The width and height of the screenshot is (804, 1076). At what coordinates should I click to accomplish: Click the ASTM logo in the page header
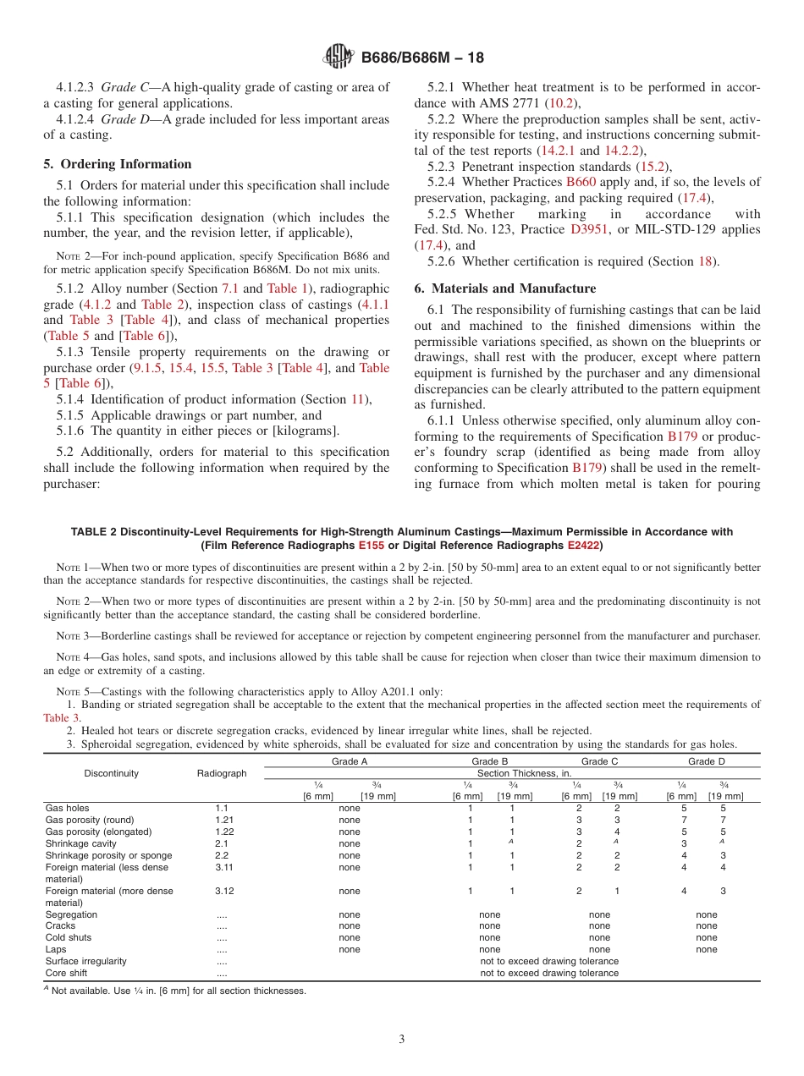[x=339, y=58]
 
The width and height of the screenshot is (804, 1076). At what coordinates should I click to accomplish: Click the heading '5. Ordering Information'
[x=118, y=164]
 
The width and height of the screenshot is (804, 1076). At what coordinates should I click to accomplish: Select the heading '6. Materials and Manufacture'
[x=505, y=288]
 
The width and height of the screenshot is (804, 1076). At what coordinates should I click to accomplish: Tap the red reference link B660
[x=581, y=182]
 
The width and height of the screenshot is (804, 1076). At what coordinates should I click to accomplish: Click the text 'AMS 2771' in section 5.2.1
[x=518, y=103]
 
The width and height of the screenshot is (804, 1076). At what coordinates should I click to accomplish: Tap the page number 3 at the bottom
[x=402, y=1040]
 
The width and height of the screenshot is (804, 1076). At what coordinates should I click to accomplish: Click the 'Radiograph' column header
[x=222, y=773]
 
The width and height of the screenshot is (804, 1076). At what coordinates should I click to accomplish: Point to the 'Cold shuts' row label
[x=69, y=937]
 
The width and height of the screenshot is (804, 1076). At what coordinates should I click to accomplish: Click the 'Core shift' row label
[x=68, y=973]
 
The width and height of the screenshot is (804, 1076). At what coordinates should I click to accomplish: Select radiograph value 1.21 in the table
[x=223, y=820]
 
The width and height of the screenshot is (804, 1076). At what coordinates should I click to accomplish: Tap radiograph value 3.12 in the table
[x=223, y=891]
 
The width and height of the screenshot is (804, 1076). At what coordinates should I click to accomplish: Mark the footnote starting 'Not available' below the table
[x=178, y=991]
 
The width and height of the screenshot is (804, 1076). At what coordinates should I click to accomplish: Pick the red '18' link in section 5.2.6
[x=705, y=261]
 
